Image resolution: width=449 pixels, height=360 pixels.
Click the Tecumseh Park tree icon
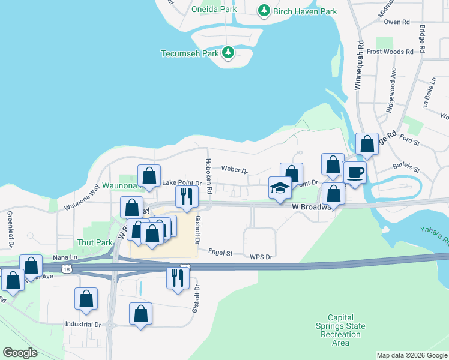point(228,53)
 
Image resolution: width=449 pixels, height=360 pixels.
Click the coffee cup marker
point(355,173)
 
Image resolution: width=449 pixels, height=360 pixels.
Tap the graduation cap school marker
point(280,189)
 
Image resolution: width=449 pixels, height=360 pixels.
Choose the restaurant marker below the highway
point(178,278)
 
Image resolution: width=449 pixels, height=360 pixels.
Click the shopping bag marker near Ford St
point(367,145)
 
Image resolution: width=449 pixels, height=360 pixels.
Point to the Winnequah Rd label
point(359,65)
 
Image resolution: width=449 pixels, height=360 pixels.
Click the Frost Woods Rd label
point(390,52)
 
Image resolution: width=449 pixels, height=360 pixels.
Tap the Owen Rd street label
point(396,22)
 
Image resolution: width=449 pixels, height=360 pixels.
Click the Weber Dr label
point(235,169)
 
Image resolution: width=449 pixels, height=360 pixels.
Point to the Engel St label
point(220,253)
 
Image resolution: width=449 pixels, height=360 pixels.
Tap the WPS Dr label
point(261,257)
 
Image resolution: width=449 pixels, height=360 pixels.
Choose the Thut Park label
point(94,242)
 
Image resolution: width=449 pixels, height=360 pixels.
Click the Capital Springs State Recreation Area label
point(340,330)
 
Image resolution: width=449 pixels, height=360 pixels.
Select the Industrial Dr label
point(83,325)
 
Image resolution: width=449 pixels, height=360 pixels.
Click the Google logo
point(20,353)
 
